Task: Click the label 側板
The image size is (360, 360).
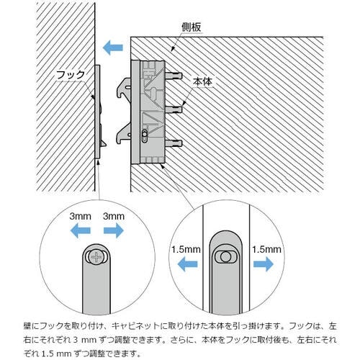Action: (x=191, y=27)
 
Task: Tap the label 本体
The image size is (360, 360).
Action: (x=203, y=81)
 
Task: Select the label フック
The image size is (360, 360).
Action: (x=71, y=75)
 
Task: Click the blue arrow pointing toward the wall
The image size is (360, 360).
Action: (x=113, y=48)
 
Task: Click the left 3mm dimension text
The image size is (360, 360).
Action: (x=80, y=217)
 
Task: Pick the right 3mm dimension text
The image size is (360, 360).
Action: (x=114, y=217)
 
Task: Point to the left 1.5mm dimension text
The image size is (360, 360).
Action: (x=186, y=250)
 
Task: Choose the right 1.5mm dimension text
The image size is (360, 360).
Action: (x=266, y=250)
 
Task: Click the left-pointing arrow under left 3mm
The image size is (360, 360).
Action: (x=81, y=230)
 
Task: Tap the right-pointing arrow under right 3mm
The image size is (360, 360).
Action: (x=114, y=230)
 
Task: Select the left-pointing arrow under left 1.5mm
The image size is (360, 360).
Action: (x=187, y=264)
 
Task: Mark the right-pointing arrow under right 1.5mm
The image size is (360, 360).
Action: (x=264, y=264)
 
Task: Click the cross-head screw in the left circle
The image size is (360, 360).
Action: (x=96, y=257)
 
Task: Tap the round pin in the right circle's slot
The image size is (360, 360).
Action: (x=225, y=257)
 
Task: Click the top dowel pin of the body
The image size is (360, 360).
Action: (x=174, y=76)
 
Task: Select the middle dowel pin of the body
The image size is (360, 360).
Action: (x=174, y=110)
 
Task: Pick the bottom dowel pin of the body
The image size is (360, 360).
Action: (x=174, y=144)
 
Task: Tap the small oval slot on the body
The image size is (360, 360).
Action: (x=145, y=136)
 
